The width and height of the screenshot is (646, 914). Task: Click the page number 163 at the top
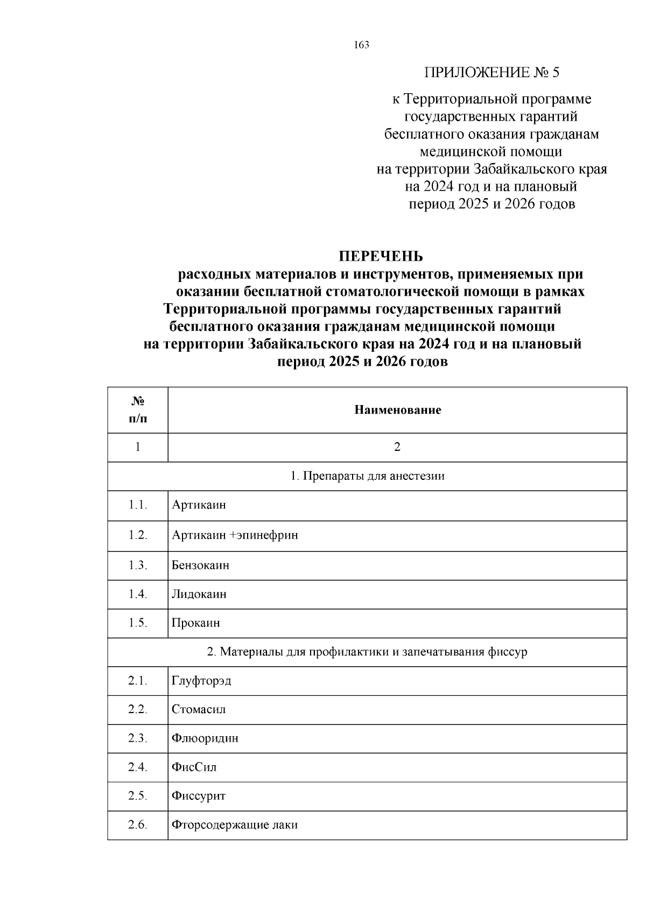pyautogui.click(x=362, y=45)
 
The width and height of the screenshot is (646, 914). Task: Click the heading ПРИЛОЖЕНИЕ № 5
pyautogui.click(x=492, y=72)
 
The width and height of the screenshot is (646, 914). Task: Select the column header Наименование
pyautogui.click(x=397, y=410)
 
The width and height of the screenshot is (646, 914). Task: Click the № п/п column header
pyautogui.click(x=138, y=409)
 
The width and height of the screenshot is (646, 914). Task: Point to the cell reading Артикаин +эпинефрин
pyautogui.click(x=235, y=535)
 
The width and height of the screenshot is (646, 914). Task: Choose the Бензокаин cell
pyautogui.click(x=200, y=566)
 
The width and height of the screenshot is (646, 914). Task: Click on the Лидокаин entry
pyautogui.click(x=199, y=595)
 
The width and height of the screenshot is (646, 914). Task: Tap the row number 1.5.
pyautogui.click(x=138, y=623)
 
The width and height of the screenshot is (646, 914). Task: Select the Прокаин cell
pyautogui.click(x=196, y=623)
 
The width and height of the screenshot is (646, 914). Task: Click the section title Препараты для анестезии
pyautogui.click(x=367, y=476)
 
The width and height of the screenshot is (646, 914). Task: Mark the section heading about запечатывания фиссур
pyautogui.click(x=367, y=652)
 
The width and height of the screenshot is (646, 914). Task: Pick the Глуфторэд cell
pyautogui.click(x=201, y=681)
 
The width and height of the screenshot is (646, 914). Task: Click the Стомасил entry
pyautogui.click(x=199, y=709)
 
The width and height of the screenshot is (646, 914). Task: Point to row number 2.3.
pyautogui.click(x=138, y=738)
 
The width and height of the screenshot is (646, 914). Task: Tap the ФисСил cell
pyautogui.click(x=194, y=767)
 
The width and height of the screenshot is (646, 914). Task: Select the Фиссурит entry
pyautogui.click(x=199, y=796)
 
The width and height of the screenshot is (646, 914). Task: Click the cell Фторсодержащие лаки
pyautogui.click(x=235, y=825)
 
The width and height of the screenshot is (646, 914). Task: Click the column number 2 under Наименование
pyautogui.click(x=397, y=447)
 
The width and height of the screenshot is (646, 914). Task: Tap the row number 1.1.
pyautogui.click(x=138, y=505)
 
